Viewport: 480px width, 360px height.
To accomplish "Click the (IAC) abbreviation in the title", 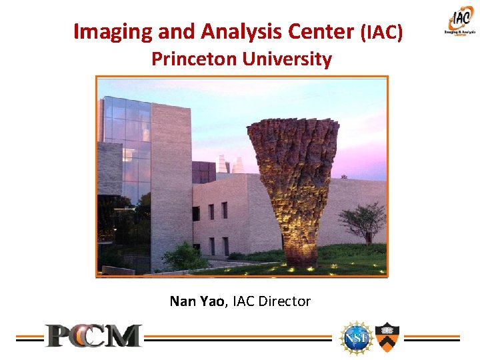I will click(381, 32).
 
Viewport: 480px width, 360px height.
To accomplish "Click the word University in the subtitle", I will click(287, 59).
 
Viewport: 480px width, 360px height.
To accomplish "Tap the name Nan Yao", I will click(197, 301).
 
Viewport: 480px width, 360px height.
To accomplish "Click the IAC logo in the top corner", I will click(460, 21).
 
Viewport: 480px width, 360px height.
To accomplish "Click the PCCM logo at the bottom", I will click(93, 335).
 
